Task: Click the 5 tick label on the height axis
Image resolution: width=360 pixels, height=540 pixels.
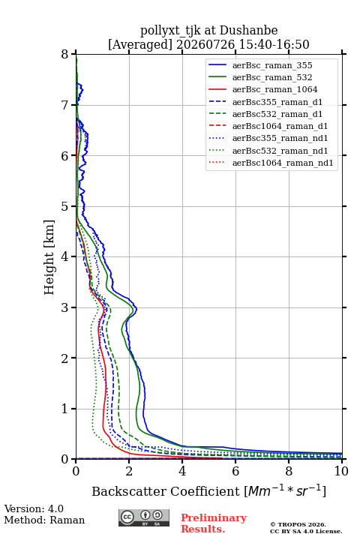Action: (x=65, y=206)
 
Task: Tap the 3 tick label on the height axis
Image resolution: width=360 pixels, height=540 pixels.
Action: (x=65, y=307)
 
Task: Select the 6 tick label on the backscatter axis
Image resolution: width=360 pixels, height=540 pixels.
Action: (x=235, y=471)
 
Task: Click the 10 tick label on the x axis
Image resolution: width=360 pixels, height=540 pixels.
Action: (x=341, y=471)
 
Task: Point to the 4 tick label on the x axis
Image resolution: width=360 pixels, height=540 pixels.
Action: (x=182, y=471)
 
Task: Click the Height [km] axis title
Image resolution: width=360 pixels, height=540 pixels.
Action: (x=49, y=257)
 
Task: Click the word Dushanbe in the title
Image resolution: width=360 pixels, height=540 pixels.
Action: (x=248, y=30)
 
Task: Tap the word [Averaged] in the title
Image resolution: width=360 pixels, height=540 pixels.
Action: (x=140, y=44)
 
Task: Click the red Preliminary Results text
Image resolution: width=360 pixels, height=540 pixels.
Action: (x=214, y=523)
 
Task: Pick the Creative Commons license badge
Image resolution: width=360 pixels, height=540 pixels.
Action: (x=144, y=517)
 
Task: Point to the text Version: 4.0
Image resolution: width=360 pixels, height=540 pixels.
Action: (x=34, y=508)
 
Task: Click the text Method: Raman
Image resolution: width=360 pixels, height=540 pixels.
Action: (x=44, y=520)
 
